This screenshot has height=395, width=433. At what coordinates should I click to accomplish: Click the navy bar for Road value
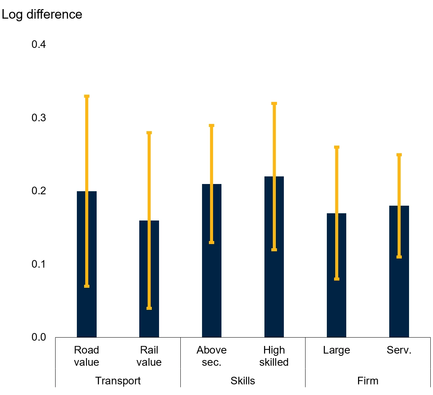[87, 264]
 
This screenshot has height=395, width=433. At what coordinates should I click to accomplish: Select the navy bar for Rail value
[149, 279]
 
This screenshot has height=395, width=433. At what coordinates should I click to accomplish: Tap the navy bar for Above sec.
[212, 260]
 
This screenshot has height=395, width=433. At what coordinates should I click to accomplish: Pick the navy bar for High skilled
[274, 257]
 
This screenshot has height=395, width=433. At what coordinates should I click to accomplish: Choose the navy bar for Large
[336, 275]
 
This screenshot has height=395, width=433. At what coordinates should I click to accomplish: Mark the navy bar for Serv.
[399, 271]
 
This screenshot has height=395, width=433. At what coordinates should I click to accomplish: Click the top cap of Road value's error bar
[87, 96]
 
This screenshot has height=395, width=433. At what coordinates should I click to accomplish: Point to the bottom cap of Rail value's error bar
[149, 308]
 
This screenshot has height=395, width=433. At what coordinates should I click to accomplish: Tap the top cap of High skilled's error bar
[274, 104]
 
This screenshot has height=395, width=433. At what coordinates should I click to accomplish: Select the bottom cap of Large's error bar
[337, 279]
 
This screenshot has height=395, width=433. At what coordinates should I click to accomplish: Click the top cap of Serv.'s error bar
[399, 155]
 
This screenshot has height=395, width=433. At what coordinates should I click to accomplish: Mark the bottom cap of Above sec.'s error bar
[212, 243]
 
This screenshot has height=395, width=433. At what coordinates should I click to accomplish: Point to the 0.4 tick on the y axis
[39, 44]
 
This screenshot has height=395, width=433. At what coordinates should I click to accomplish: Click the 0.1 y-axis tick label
[39, 264]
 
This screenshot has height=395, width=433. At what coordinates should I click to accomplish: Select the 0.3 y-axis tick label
[39, 117]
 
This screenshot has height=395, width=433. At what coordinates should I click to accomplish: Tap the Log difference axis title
[42, 14]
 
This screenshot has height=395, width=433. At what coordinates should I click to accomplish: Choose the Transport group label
[118, 381]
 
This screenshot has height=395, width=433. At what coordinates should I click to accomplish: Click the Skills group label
[243, 381]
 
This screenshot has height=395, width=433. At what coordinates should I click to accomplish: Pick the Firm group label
[368, 381]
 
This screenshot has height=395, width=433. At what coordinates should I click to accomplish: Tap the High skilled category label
[274, 356]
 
